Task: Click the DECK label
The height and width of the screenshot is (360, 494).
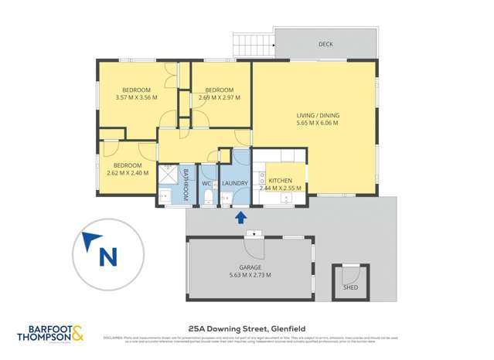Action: click(325, 45)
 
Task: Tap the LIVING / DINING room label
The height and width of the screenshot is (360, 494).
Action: click(318, 116)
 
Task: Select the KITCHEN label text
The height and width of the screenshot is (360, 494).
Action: click(280, 180)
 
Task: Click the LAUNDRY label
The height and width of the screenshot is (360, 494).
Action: click(234, 183)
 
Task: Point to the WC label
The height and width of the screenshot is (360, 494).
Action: click(206, 184)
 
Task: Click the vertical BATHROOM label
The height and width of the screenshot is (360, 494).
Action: click(186, 183)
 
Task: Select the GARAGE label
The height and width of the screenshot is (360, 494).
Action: click(249, 267)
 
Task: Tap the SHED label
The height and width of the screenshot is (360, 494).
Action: click(350, 287)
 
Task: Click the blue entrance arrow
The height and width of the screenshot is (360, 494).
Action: click(240, 219)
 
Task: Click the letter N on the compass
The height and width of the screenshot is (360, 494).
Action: click(108, 256)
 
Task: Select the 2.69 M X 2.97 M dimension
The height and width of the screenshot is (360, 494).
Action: click(220, 98)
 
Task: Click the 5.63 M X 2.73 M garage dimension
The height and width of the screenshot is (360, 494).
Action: click(249, 275)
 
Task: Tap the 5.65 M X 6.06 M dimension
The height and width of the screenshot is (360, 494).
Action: click(318, 124)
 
